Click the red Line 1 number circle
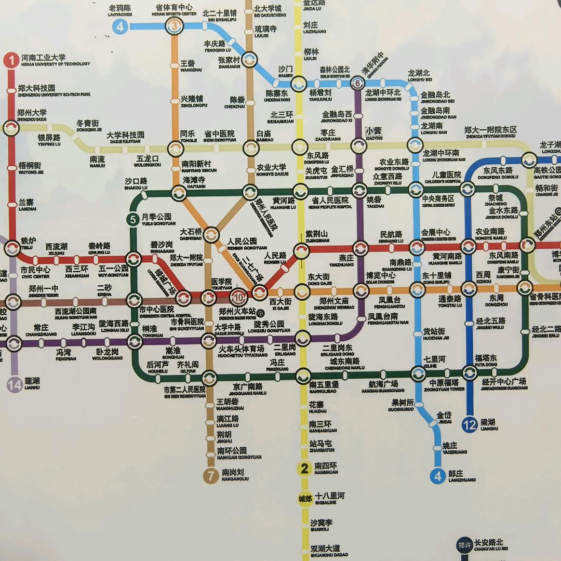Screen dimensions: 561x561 point(11,61)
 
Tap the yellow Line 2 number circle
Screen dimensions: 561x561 point(304,469)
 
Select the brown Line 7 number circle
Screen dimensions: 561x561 point(210,476)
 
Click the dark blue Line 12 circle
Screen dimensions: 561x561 point(470,425)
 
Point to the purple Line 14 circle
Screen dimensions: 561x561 point(15,384)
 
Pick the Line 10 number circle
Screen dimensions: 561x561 point(238,297)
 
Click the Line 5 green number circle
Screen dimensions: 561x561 point(133,220)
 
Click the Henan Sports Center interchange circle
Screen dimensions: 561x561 point(175,26)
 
